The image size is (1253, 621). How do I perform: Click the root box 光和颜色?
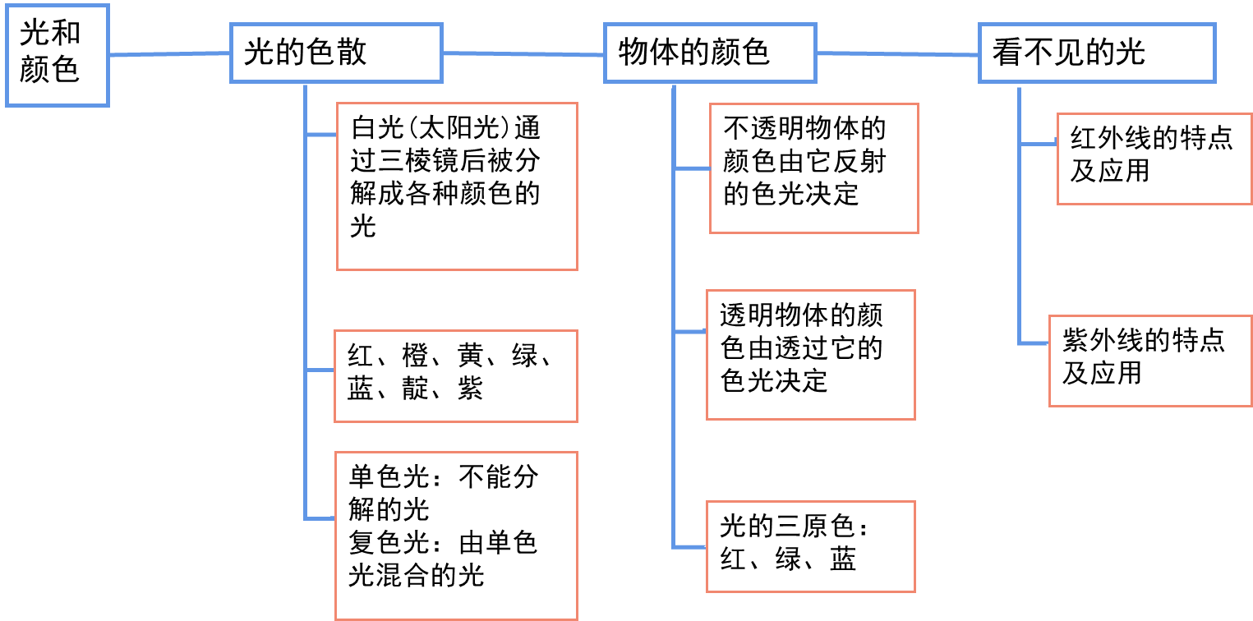pos(57,55)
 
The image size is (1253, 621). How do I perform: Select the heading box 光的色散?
pos(336,53)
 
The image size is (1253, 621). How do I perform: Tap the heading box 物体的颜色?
pos(710,53)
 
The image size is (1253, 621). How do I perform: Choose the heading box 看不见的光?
pos(1096,53)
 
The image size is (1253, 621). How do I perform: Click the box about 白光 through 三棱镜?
pos(457,186)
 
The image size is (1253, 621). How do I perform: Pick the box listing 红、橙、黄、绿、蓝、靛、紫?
pos(456,376)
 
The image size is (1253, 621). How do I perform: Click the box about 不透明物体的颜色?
pos(813,168)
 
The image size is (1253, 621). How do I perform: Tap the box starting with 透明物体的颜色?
pos(810,355)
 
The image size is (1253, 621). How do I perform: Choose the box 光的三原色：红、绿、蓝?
pos(810,546)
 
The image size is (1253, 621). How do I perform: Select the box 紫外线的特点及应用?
pos(1149,360)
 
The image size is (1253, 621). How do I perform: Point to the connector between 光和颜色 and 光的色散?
pos(169,54)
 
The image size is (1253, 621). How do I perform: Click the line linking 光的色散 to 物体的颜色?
pos(523,54)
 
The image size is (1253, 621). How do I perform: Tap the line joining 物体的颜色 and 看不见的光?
pos(897,54)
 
